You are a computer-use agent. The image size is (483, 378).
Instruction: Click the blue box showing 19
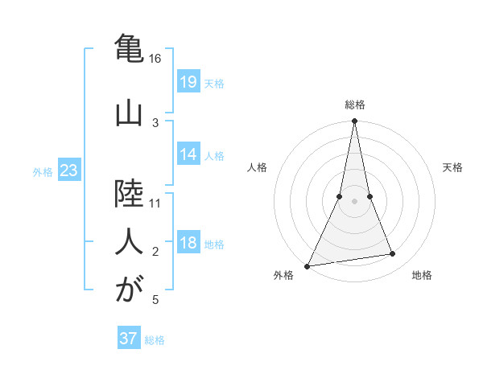click(x=188, y=81)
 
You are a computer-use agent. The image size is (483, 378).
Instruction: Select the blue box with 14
click(x=188, y=154)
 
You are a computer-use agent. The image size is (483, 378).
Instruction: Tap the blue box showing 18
click(x=188, y=243)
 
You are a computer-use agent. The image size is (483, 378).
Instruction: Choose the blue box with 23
click(x=69, y=171)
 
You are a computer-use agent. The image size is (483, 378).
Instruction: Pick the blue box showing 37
click(x=129, y=339)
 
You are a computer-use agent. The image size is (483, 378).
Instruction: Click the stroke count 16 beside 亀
click(x=155, y=59)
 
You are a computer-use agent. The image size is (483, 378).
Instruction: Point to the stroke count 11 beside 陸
click(x=155, y=203)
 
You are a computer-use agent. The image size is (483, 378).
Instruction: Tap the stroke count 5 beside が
click(x=155, y=300)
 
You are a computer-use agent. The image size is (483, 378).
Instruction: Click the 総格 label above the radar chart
click(x=354, y=104)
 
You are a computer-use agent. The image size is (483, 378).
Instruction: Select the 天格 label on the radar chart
click(x=453, y=167)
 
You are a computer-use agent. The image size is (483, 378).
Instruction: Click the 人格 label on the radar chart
click(x=257, y=167)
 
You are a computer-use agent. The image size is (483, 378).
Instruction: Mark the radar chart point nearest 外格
click(x=307, y=266)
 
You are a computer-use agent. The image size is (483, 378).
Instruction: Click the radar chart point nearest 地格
click(x=393, y=254)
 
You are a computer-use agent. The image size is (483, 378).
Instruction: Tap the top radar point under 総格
click(x=354, y=121)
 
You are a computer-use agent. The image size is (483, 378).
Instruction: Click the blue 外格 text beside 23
click(x=43, y=171)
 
